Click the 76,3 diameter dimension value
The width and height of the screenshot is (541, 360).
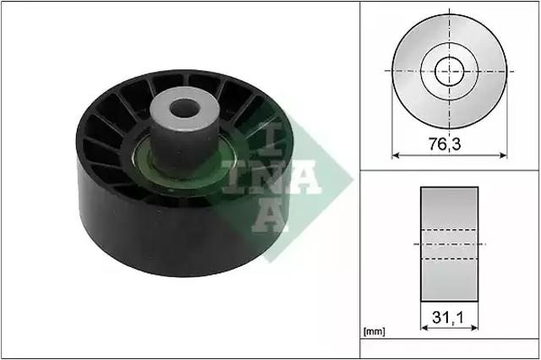click(445, 145)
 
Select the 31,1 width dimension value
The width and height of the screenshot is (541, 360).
click(449, 317)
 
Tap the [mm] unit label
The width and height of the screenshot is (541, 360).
click(374, 331)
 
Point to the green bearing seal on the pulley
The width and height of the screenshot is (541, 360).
click(141, 162)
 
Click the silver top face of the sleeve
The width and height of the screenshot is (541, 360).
click(185, 108)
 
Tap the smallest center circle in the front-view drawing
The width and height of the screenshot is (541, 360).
click(449, 71)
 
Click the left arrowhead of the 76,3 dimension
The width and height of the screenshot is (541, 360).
click(396, 155)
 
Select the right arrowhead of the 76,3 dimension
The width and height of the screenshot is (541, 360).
click(504, 155)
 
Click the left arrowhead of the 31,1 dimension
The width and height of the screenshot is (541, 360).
click(424, 327)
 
